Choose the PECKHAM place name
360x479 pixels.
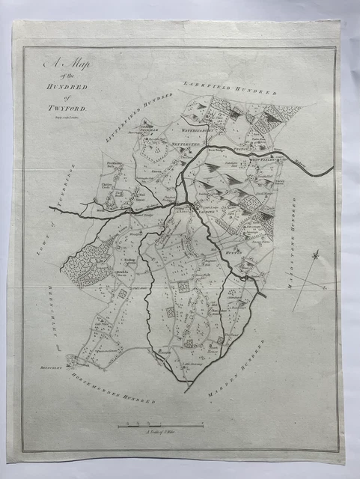(151, 129)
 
